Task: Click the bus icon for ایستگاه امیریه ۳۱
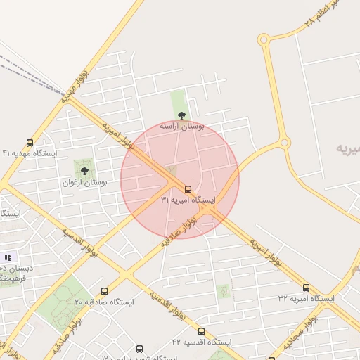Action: tap(188, 188)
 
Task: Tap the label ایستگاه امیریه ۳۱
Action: tap(188, 200)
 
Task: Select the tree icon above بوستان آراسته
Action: tap(181, 115)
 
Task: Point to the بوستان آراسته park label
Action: tap(181, 127)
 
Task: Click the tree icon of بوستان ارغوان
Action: tap(84, 171)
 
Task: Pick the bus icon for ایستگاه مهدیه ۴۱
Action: tap(30, 142)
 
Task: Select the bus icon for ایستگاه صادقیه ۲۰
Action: tap(104, 291)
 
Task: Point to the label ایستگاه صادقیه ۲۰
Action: tap(104, 302)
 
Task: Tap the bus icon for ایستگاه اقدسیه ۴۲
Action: tap(202, 331)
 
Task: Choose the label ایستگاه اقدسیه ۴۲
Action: tap(202, 342)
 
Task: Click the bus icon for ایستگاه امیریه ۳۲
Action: tap(306, 288)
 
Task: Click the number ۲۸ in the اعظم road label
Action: tap(310, 23)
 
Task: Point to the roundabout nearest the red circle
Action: tap(284, 143)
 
